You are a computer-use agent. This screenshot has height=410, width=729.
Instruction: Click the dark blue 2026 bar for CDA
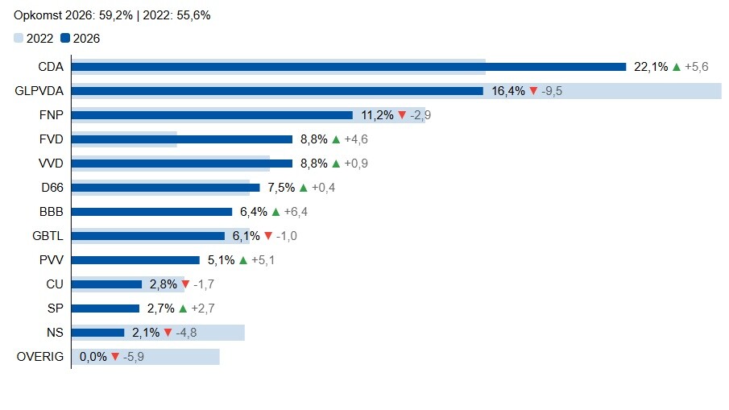point(349,67)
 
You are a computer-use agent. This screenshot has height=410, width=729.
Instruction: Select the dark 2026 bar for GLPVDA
point(278,91)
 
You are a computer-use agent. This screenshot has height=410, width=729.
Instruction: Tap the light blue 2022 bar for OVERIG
point(146,357)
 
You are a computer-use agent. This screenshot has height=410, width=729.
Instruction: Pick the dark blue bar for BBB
point(151,212)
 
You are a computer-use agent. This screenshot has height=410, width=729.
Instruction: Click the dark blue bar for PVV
point(135,260)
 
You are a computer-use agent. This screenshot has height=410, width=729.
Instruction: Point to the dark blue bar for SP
point(106,309)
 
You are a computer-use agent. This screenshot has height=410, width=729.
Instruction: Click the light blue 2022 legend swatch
point(19,38)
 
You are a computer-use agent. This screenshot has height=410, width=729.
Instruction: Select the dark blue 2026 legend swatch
point(65,38)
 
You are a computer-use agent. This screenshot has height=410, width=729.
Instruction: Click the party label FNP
point(51,115)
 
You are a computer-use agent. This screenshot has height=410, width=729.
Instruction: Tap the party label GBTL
point(48,236)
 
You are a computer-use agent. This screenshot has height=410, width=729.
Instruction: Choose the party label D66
point(52,188)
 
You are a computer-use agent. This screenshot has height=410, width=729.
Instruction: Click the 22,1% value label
point(651,67)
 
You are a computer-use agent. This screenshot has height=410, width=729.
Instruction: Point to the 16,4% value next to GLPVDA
point(508,91)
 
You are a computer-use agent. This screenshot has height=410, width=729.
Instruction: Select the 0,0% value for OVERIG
point(93,357)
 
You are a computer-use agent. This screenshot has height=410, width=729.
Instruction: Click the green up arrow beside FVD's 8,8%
point(336,139)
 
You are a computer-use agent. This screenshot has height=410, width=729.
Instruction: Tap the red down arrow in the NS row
point(168,333)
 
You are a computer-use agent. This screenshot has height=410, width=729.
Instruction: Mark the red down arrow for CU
point(185,284)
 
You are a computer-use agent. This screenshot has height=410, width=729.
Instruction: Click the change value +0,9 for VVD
point(356,164)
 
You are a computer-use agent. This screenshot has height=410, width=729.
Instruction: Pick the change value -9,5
point(552,91)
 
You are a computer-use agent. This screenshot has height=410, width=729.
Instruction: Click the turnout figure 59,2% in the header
point(116,15)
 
